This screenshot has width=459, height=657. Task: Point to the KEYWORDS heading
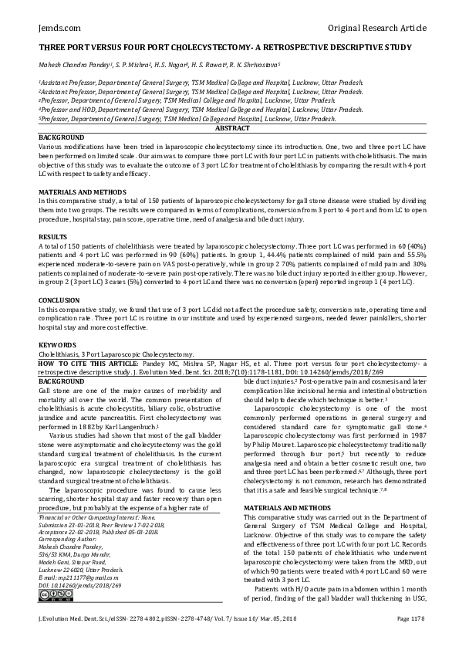[57, 344]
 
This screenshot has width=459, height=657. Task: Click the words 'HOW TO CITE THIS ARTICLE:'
[85, 361]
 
